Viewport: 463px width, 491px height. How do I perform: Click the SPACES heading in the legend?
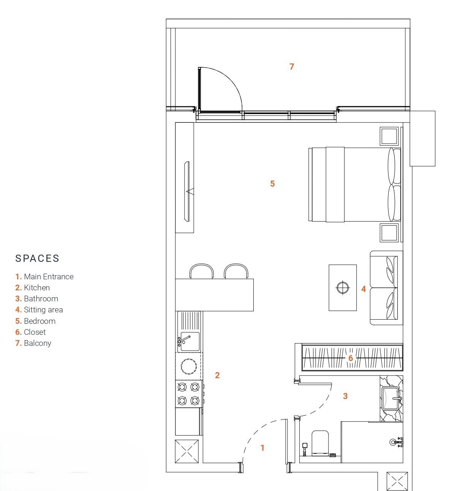click(37, 258)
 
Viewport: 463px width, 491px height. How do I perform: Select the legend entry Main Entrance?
click(44, 277)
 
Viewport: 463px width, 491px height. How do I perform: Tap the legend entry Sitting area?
click(39, 310)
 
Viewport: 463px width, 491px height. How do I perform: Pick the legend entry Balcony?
click(33, 343)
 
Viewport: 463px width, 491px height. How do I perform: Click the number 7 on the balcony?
click(292, 67)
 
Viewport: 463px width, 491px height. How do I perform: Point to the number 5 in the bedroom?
click(272, 184)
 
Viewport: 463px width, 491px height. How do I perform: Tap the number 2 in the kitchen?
click(217, 375)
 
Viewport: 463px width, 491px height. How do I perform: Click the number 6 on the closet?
click(351, 358)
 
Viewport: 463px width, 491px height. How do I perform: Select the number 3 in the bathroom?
click(345, 396)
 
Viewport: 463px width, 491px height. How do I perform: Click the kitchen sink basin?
click(190, 342)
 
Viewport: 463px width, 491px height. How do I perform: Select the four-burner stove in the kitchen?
click(189, 394)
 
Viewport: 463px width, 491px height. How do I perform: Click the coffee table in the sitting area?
click(343, 288)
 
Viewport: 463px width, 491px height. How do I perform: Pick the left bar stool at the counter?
click(201, 271)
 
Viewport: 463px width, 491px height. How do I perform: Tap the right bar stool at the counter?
click(236, 271)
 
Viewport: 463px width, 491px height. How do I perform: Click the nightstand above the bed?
click(389, 136)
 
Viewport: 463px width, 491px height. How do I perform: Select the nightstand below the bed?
click(389, 233)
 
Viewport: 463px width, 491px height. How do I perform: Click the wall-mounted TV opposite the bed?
click(187, 192)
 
